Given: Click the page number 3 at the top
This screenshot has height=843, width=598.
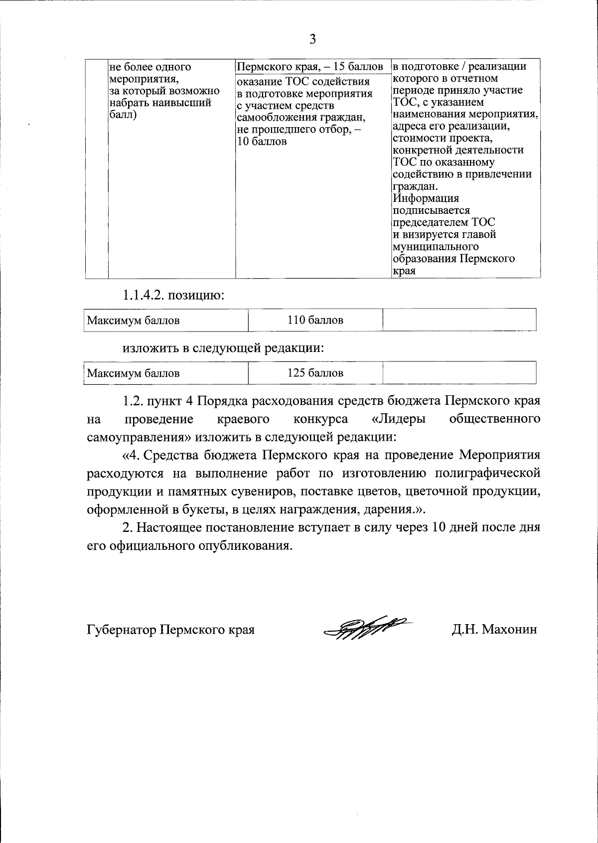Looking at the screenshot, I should click(x=312, y=39).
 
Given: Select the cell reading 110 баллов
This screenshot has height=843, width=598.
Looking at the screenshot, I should click(x=315, y=320).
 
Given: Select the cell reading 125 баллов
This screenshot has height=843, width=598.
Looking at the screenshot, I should click(x=315, y=373).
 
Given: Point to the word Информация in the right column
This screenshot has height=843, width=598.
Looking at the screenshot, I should click(x=426, y=198).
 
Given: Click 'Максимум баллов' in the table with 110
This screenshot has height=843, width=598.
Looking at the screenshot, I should click(x=133, y=320).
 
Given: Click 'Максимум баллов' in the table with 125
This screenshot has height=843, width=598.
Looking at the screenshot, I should click(x=133, y=373).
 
